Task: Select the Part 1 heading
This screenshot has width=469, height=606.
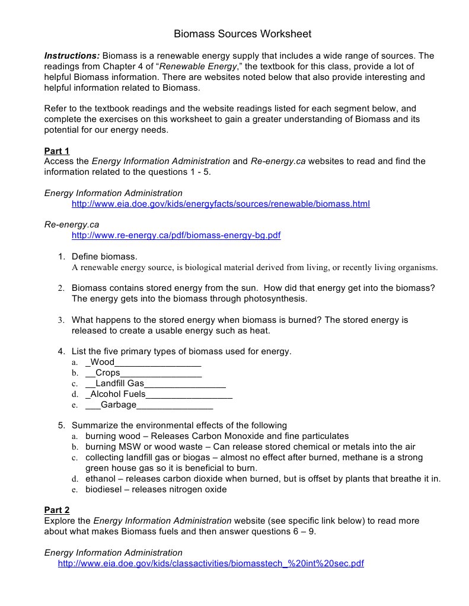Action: (57, 150)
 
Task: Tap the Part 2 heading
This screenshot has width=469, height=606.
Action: (57, 510)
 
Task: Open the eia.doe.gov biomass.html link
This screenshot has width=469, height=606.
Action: (221, 204)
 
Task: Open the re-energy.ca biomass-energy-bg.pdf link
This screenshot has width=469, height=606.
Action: (176, 235)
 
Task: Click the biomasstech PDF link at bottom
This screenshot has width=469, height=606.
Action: (210, 563)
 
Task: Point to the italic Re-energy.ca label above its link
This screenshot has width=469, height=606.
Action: (72, 225)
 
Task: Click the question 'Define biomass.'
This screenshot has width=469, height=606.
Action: (104, 256)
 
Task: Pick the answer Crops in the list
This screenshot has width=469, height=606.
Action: (107, 373)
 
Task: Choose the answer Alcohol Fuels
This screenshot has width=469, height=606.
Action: (118, 394)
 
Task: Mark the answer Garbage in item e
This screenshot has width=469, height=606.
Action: (119, 405)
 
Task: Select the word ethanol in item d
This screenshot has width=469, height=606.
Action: (101, 479)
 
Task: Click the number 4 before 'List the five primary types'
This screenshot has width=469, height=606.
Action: (60, 351)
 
